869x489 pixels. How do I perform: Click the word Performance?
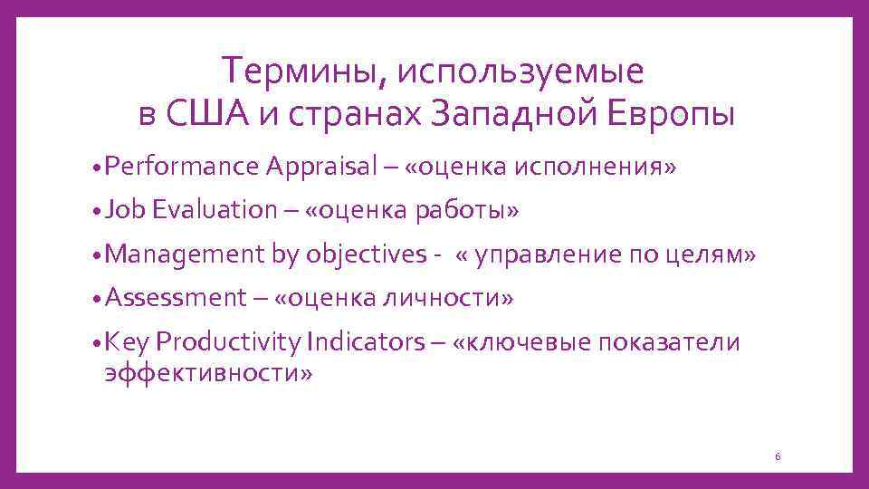coord(182,167)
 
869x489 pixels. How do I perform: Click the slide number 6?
coord(777,456)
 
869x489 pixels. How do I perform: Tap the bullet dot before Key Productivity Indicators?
coord(97,342)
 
